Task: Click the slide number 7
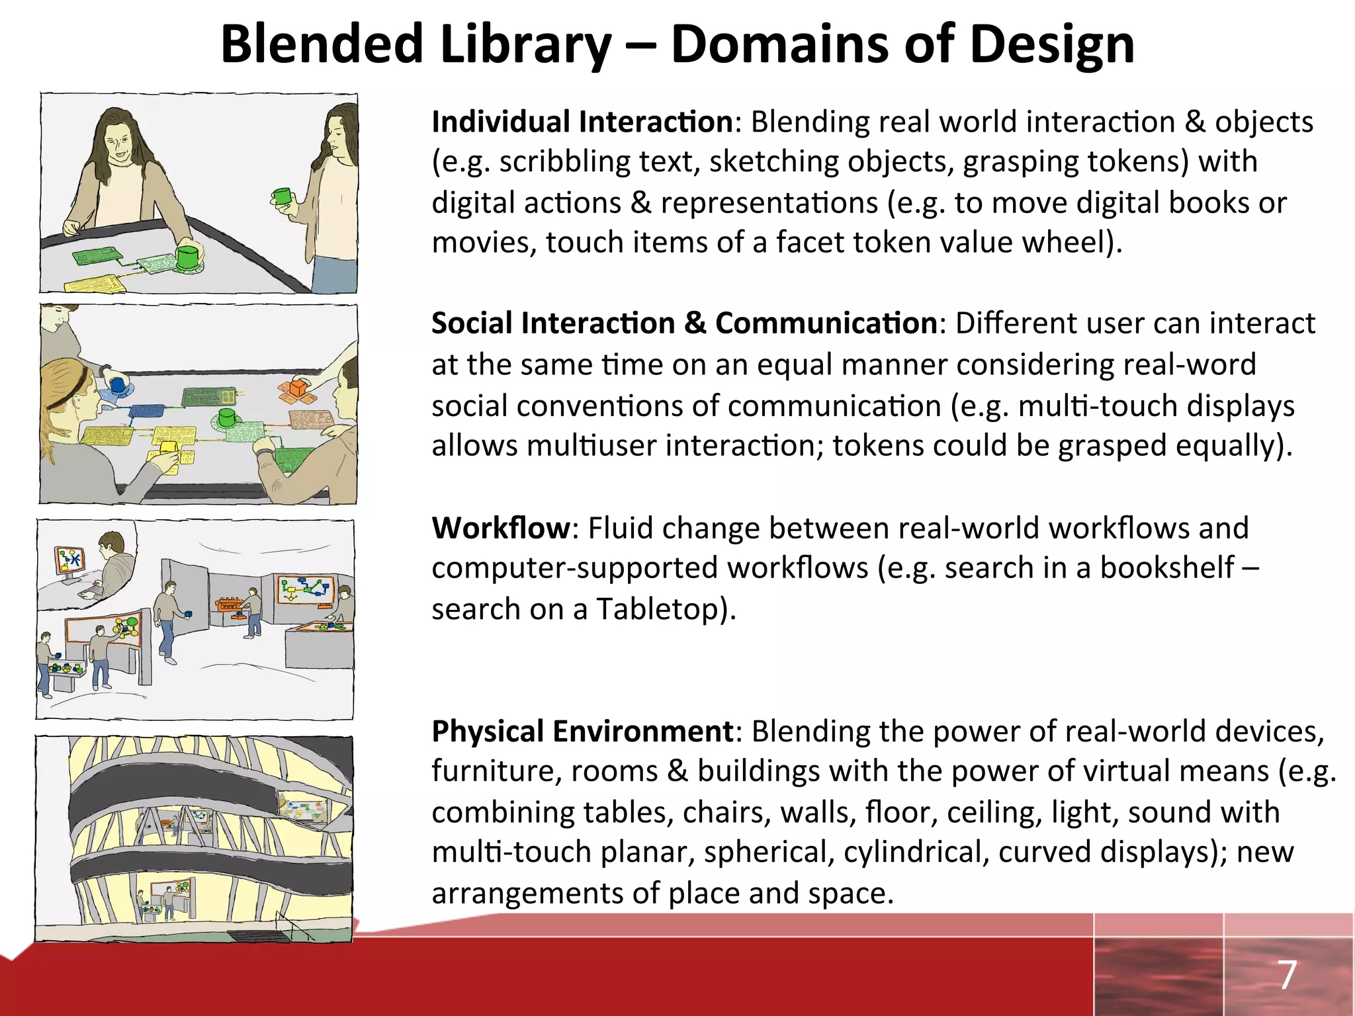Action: click(x=1286, y=975)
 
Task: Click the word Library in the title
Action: click(x=525, y=45)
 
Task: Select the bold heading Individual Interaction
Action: click(x=582, y=122)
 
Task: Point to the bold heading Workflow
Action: click(x=500, y=529)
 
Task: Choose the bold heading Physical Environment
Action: click(x=582, y=732)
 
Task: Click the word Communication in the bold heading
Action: click(x=826, y=323)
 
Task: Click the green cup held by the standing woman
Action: click(x=283, y=196)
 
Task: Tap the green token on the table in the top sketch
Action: click(x=188, y=257)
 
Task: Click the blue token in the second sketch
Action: click(x=118, y=385)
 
